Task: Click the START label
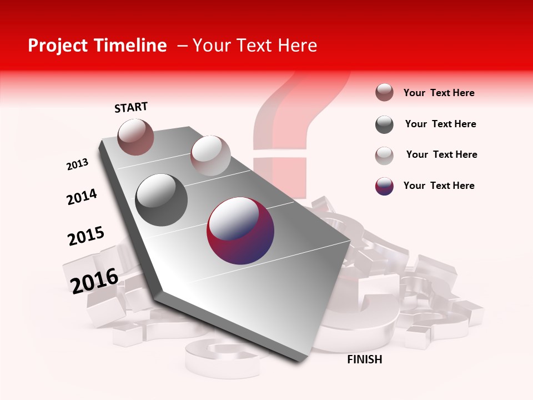tap(131, 107)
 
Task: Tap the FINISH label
tap(364, 359)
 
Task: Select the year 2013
tap(77, 164)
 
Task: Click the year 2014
tap(82, 197)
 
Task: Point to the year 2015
tap(86, 236)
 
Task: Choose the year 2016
tap(94, 281)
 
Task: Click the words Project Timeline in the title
tap(97, 46)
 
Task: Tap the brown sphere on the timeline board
tap(135, 137)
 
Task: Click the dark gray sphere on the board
tap(162, 199)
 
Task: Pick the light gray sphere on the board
tap(210, 156)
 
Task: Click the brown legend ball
tap(384, 93)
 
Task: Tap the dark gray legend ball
tap(384, 124)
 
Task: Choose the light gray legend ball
tap(384, 156)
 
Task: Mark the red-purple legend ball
tap(384, 186)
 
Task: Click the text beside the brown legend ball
tap(439, 93)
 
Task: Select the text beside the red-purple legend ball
tap(439, 186)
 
